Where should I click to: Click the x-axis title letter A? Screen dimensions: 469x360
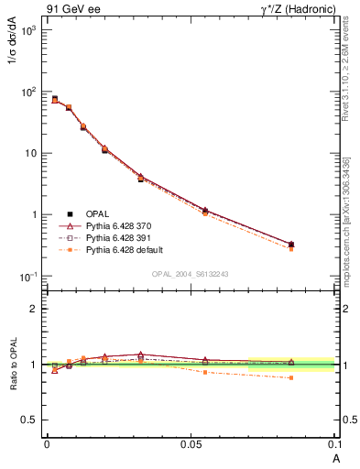pos(336,457)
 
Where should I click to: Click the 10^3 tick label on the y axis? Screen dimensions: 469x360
pos(28,30)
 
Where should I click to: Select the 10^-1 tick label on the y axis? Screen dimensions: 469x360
pos(28,277)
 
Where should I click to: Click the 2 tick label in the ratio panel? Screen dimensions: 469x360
pos(35,309)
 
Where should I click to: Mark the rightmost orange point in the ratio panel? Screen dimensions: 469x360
pos(291,377)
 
